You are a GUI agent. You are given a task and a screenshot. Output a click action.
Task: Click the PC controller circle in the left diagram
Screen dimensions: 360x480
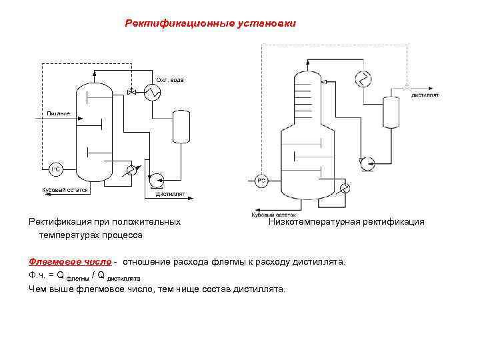56,169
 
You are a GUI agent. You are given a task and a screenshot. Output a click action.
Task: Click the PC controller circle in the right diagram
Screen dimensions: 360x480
262,180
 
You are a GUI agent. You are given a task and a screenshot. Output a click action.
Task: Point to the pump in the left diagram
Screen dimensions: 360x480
155,179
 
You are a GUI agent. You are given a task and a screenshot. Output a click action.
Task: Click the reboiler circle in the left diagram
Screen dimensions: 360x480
132,171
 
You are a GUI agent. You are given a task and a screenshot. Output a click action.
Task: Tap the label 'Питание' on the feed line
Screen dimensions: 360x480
58,113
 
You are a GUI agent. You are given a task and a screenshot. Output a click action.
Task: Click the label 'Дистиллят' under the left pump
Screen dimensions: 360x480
170,195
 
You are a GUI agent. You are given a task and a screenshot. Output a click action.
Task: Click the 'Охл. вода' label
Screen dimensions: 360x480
170,80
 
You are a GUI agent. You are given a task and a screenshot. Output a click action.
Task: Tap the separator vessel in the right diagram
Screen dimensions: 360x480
391,111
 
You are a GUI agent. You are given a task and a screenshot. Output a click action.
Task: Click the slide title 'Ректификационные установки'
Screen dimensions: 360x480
210,24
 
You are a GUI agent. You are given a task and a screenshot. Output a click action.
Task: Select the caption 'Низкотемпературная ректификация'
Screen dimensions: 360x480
346,222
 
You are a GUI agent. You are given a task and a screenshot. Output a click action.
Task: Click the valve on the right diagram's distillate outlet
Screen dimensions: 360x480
406,87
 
